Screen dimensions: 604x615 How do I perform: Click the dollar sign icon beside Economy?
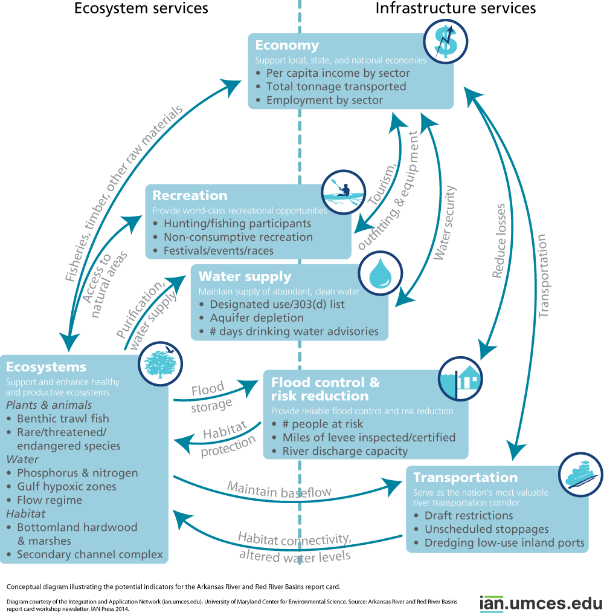[445, 42]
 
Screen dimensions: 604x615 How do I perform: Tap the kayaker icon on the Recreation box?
[344, 192]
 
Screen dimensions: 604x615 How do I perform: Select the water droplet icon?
[381, 273]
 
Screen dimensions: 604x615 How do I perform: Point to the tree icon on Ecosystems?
[160, 363]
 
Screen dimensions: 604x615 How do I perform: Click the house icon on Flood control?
[460, 379]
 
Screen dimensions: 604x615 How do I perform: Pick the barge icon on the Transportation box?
[581, 475]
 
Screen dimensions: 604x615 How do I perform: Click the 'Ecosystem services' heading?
[141, 8]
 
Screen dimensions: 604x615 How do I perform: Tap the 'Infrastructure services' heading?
[455, 8]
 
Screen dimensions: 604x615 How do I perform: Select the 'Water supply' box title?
[245, 276]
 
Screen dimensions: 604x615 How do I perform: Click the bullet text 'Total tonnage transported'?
[336, 86]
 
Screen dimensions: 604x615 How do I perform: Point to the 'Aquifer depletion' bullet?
[257, 317]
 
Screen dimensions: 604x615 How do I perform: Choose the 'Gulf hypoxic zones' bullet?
[66, 487]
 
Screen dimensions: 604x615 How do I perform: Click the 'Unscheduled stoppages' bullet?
[486, 529]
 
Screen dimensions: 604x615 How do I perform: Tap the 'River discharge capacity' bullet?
[345, 452]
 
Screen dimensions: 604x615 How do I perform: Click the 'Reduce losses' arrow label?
[499, 241]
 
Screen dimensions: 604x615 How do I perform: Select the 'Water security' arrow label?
[445, 223]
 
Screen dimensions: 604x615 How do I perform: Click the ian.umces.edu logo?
[541, 604]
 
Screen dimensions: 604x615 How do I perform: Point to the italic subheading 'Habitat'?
[26, 513]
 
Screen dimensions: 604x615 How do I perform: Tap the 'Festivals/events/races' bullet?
[219, 250]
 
